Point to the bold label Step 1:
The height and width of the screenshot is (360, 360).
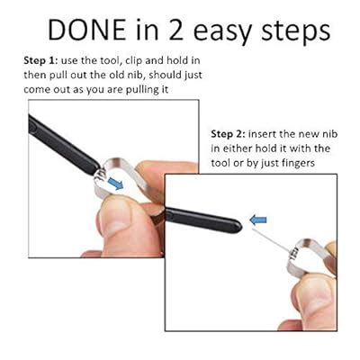(x=46, y=59)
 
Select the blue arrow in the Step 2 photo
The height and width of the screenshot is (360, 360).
(x=259, y=219)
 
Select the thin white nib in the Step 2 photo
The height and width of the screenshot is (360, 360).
(x=279, y=236)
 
